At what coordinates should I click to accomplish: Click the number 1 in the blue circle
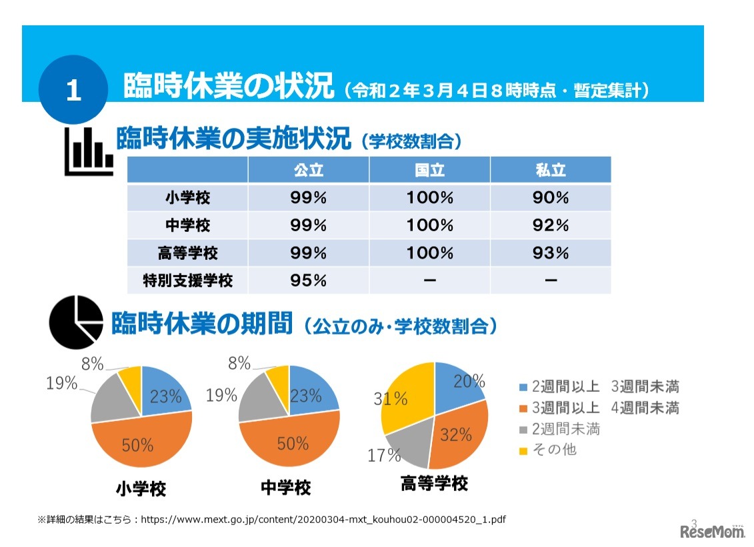click(x=73, y=91)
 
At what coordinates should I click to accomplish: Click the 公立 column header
click(x=308, y=170)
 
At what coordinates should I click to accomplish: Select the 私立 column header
click(x=550, y=170)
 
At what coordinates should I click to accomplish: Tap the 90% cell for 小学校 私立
click(x=550, y=198)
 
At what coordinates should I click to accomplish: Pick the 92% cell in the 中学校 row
click(x=550, y=225)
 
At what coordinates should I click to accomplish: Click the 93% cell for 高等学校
click(x=550, y=253)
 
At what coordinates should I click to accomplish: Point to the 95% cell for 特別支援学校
click(x=308, y=280)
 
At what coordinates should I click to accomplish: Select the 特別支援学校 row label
click(x=187, y=280)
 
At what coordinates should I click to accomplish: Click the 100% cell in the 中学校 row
click(x=429, y=225)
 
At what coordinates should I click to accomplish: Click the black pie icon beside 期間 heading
click(x=76, y=322)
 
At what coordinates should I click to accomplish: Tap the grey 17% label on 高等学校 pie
click(x=384, y=455)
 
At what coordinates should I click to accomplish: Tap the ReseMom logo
click(x=711, y=531)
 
